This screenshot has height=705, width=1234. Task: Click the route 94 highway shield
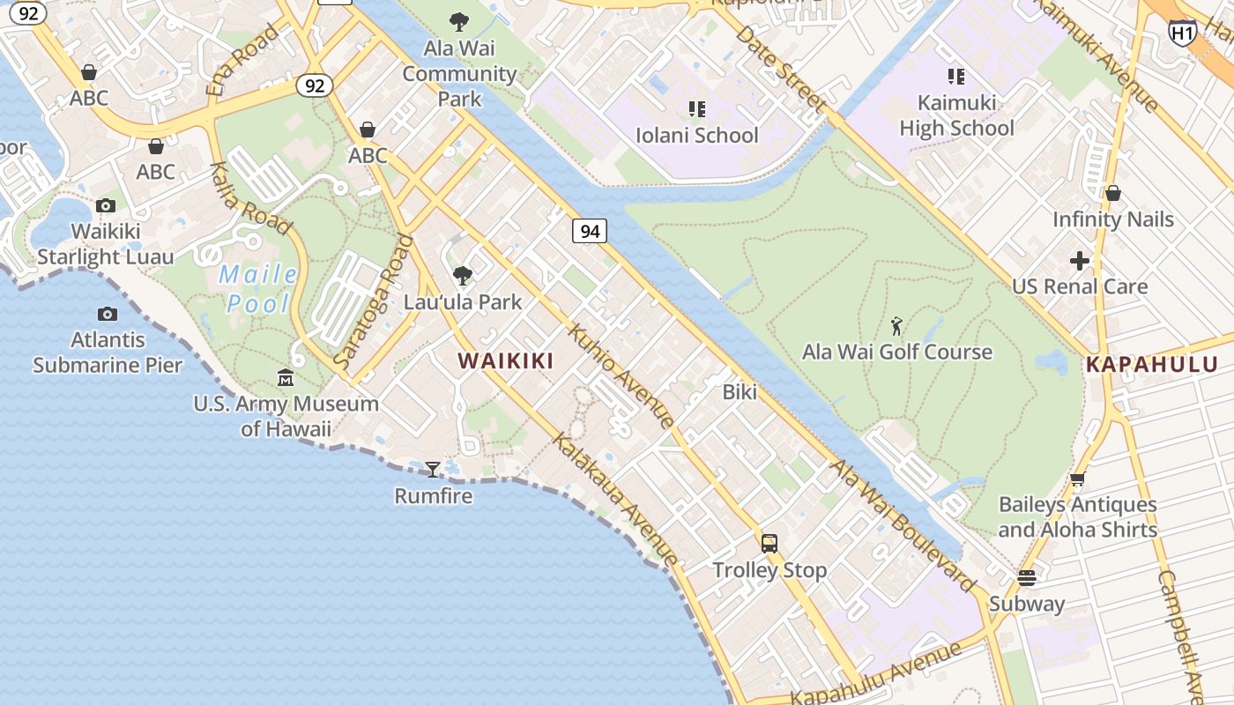pos(590,231)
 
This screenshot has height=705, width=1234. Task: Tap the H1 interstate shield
pos(1182,33)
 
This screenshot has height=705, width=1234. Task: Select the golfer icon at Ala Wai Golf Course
pos(896,326)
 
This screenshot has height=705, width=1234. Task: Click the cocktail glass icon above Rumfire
pos(432,469)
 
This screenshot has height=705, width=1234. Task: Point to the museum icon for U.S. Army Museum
pos(286,378)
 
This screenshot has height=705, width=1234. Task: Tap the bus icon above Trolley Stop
pos(769,543)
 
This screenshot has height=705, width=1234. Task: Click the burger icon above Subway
pos(1026,578)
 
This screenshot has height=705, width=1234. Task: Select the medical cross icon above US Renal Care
pos(1080,261)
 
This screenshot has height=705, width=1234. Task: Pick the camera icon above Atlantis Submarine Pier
pos(108,314)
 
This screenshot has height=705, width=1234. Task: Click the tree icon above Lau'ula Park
pos(462,276)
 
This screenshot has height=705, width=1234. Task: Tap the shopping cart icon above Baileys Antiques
pos(1077,479)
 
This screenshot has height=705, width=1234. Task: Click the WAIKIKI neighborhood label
pos(506,360)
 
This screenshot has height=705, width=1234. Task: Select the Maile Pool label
pos(258,288)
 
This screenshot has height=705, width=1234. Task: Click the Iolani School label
pos(696,135)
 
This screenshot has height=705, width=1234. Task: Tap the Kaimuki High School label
pos(956,115)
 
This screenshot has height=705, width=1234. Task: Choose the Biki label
pos(740,392)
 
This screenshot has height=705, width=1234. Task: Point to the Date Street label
pos(781,68)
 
